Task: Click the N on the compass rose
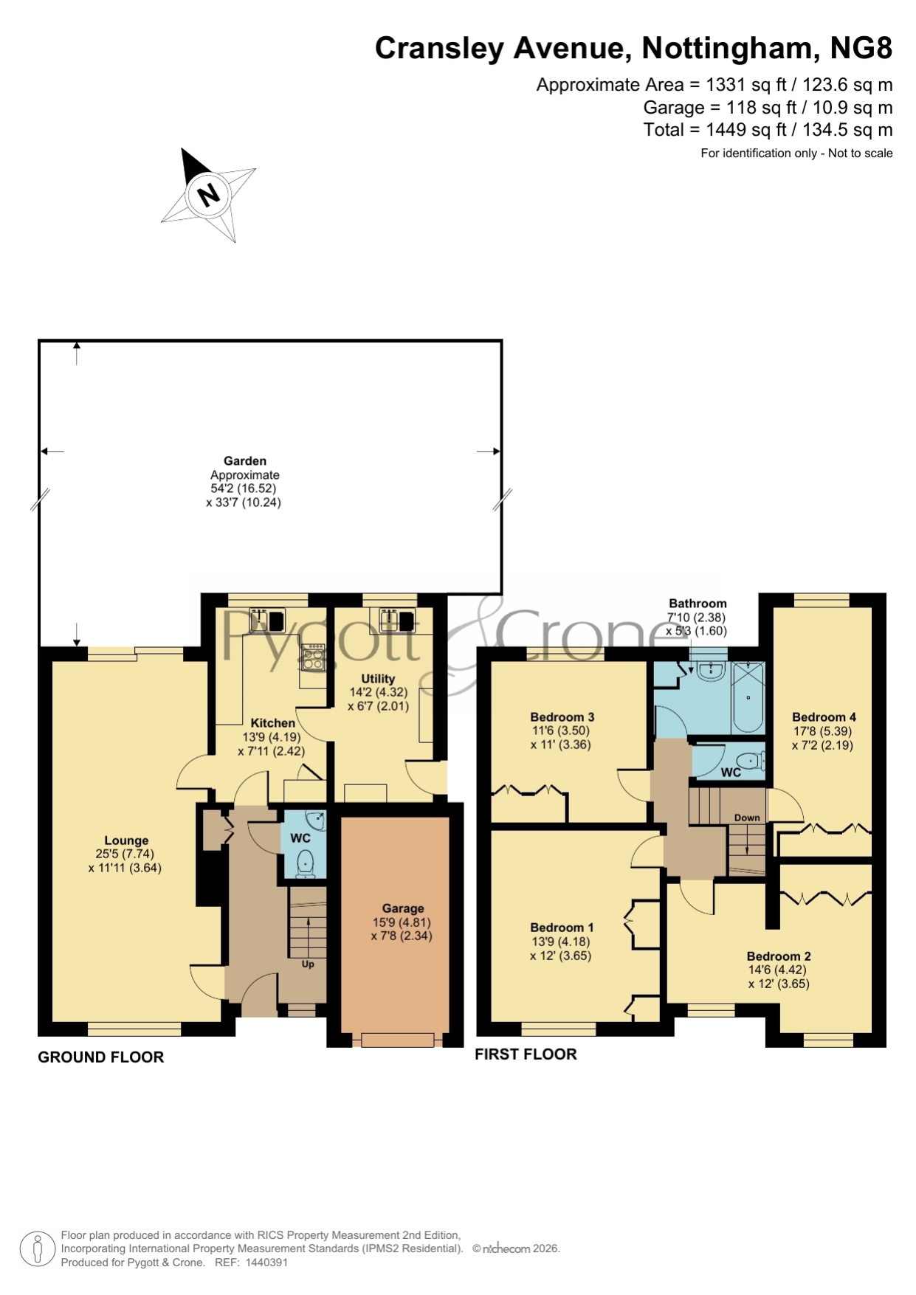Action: tap(209, 195)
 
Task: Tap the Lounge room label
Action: tap(126, 840)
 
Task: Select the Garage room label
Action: tap(403, 908)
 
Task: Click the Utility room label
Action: tap(378, 678)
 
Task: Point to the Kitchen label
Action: tap(272, 723)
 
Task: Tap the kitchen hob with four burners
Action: tap(313, 656)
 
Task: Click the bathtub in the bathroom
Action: tap(748, 697)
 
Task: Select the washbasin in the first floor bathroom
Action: tap(710, 670)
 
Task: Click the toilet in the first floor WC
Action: tap(751, 761)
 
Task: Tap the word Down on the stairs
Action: tap(747, 818)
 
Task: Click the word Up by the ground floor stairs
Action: tap(308, 964)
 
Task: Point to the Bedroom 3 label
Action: tap(562, 716)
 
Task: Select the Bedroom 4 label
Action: tap(824, 716)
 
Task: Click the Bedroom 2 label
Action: tap(779, 956)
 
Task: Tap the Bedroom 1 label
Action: tap(562, 927)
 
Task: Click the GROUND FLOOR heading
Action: tap(101, 1057)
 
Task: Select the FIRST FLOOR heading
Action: tap(526, 1054)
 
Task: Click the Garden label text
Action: tap(245, 460)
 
